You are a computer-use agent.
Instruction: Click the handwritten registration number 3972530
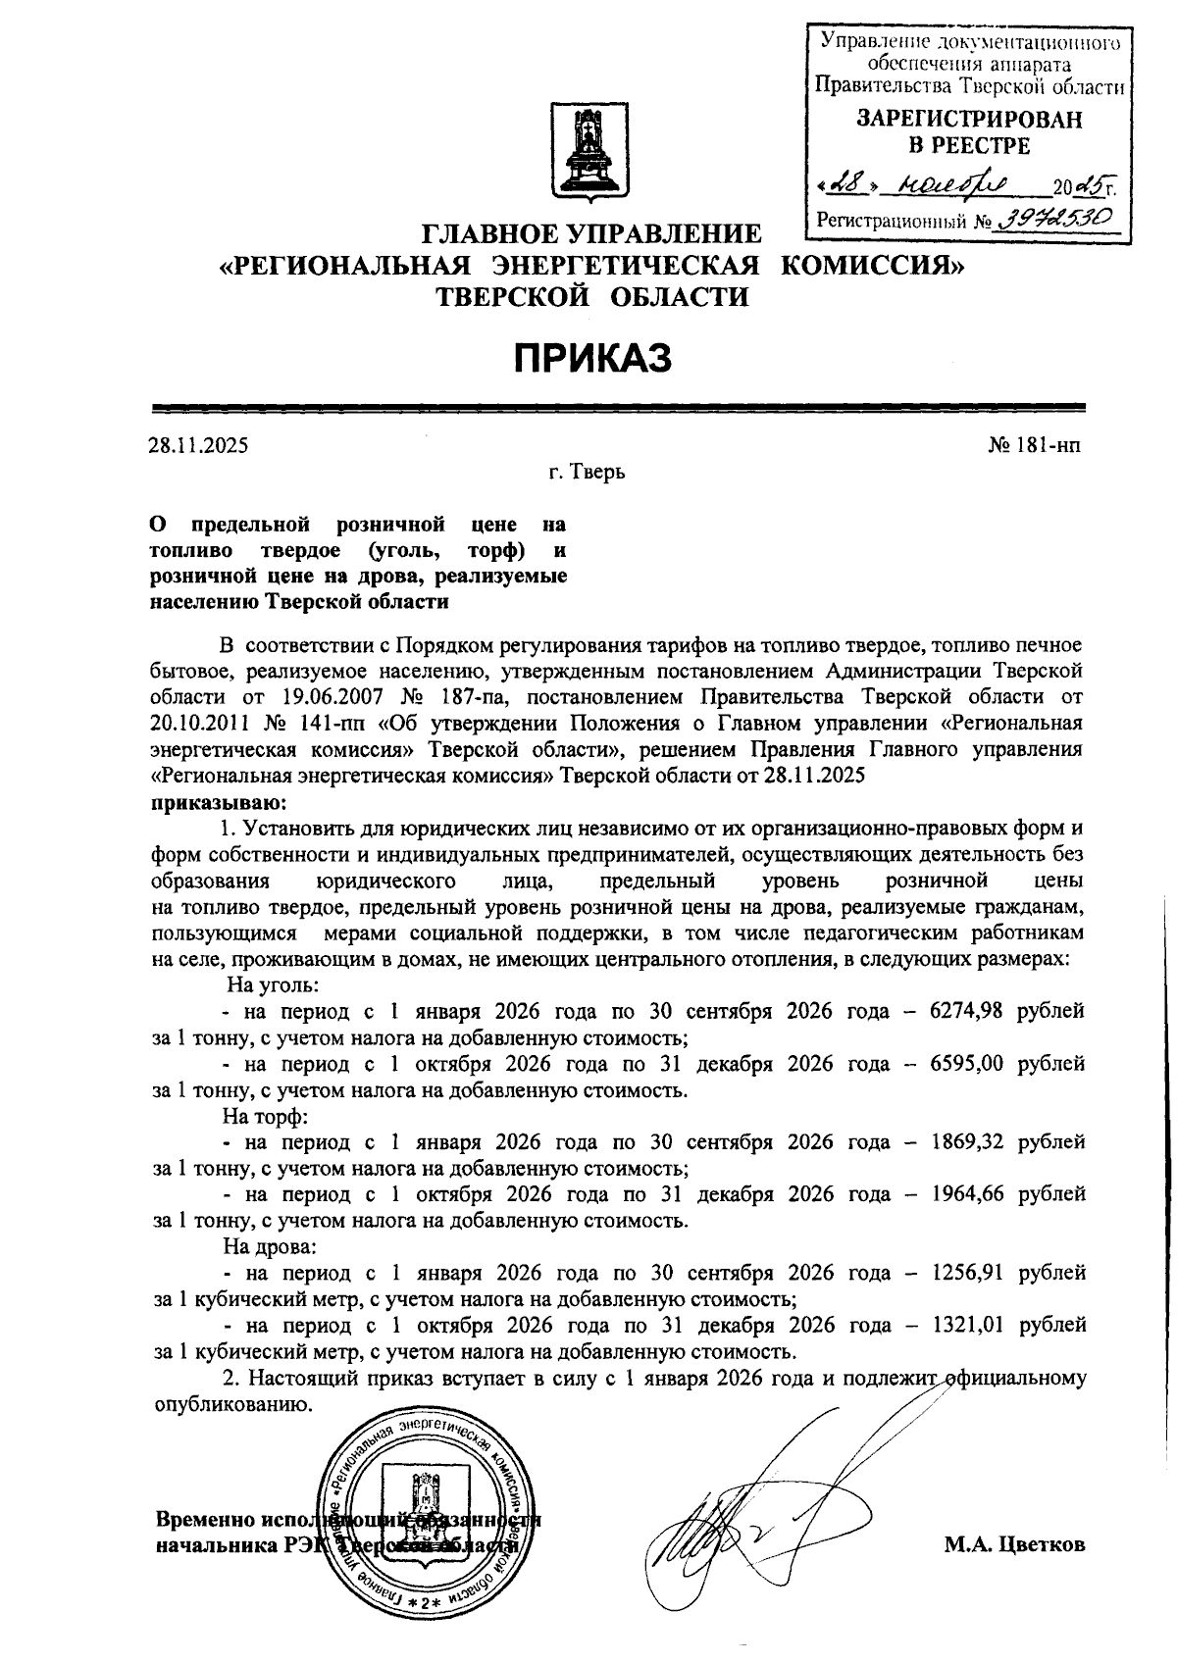1058,219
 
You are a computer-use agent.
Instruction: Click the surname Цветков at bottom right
1042,1545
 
